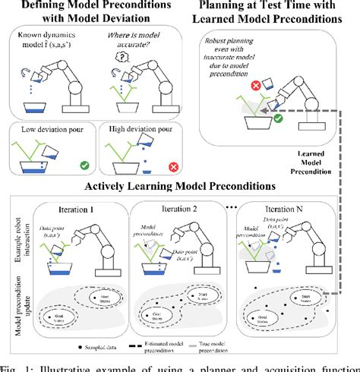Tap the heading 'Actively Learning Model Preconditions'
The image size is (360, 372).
[180, 188]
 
